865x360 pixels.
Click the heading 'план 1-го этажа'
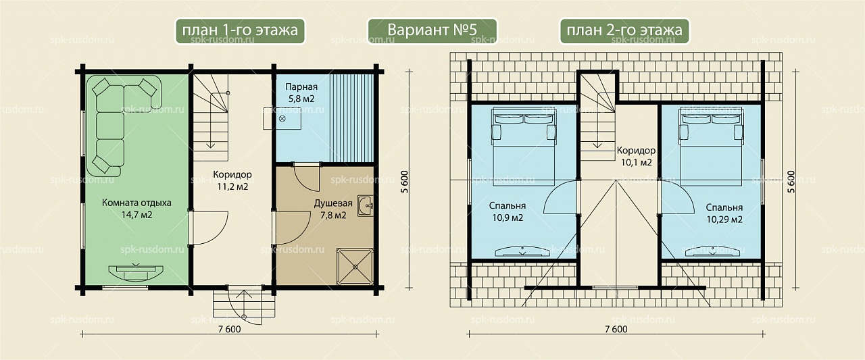click(240, 30)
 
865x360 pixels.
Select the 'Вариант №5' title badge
click(432, 30)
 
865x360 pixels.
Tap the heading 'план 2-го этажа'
click(624, 30)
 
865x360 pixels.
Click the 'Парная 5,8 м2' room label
click(301, 93)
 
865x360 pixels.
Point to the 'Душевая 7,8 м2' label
click(333, 209)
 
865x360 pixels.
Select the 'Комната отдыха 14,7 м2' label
click(137, 209)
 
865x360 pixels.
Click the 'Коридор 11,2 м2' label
click(232, 180)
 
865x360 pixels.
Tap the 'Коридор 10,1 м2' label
click(636, 156)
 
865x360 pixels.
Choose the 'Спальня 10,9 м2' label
click(508, 212)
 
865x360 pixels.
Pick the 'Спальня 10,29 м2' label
click(724, 213)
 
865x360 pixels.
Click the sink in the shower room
click(365, 206)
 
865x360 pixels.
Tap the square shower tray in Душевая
click(355, 267)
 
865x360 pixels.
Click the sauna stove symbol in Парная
click(282, 118)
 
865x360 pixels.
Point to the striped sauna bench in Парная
click(352, 118)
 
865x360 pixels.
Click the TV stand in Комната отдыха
click(135, 272)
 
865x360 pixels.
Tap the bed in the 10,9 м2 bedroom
click(524, 147)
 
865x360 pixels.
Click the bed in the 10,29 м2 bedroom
click(711, 147)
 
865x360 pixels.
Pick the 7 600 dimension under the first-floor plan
click(229, 329)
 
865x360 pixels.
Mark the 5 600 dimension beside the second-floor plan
click(791, 182)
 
